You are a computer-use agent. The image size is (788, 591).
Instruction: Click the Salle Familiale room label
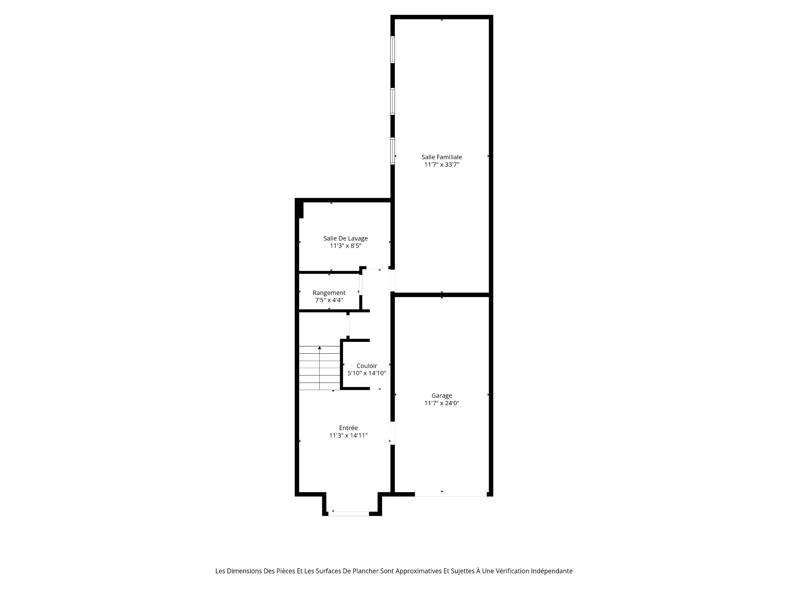pyautogui.click(x=442, y=157)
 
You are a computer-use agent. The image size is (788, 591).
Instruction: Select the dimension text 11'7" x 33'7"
pyautogui.click(x=442, y=165)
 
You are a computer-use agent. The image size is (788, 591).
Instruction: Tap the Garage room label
pyautogui.click(x=442, y=396)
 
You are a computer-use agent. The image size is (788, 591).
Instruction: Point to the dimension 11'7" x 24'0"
pyautogui.click(x=442, y=403)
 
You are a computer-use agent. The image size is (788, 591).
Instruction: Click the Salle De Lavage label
pyautogui.click(x=346, y=238)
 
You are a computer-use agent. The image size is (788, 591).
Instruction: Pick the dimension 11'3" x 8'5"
pyautogui.click(x=346, y=246)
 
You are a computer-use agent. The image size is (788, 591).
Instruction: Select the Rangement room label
pyautogui.click(x=329, y=293)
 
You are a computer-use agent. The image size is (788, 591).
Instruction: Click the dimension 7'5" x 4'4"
pyautogui.click(x=329, y=300)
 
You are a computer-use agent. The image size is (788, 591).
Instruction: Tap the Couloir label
pyautogui.click(x=367, y=366)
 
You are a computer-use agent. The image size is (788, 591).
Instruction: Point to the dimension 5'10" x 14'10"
pyautogui.click(x=367, y=373)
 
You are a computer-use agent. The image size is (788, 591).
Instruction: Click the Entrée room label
pyautogui.click(x=348, y=428)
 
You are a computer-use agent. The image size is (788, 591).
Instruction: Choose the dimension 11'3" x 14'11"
pyautogui.click(x=348, y=435)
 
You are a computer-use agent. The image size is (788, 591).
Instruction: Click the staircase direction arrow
pyautogui.click(x=320, y=368)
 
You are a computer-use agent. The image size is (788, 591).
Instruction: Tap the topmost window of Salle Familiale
pyautogui.click(x=393, y=50)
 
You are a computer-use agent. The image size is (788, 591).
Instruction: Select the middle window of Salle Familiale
pyautogui.click(x=393, y=101)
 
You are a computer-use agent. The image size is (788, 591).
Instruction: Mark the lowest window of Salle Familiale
pyautogui.click(x=393, y=151)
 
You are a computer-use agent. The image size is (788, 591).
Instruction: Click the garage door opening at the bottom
pyautogui.click(x=451, y=495)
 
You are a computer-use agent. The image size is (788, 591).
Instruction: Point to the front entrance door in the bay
pyautogui.click(x=348, y=514)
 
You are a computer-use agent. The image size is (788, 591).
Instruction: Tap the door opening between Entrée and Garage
pyautogui.click(x=393, y=433)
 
